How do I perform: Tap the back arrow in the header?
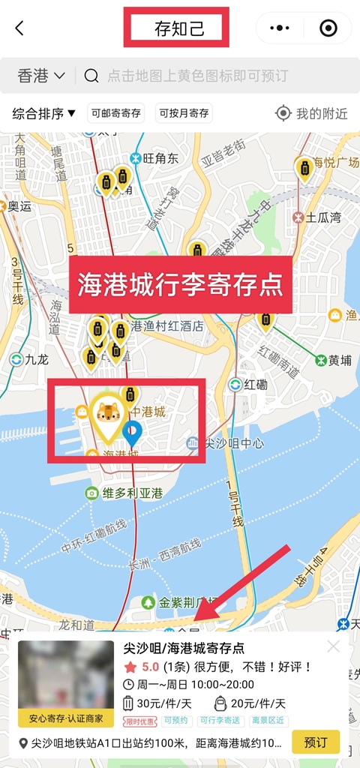point(19,28)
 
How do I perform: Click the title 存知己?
point(178,29)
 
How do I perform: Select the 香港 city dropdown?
point(40,75)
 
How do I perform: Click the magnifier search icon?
point(91,75)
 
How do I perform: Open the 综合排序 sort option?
point(44,113)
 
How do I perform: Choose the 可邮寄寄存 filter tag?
point(116,113)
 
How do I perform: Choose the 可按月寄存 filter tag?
point(184,113)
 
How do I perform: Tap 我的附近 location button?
point(312,113)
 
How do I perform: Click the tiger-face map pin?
point(109,415)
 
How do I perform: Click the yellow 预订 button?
point(315,742)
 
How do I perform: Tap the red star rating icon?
point(130,666)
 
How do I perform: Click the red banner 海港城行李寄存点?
point(181,285)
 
